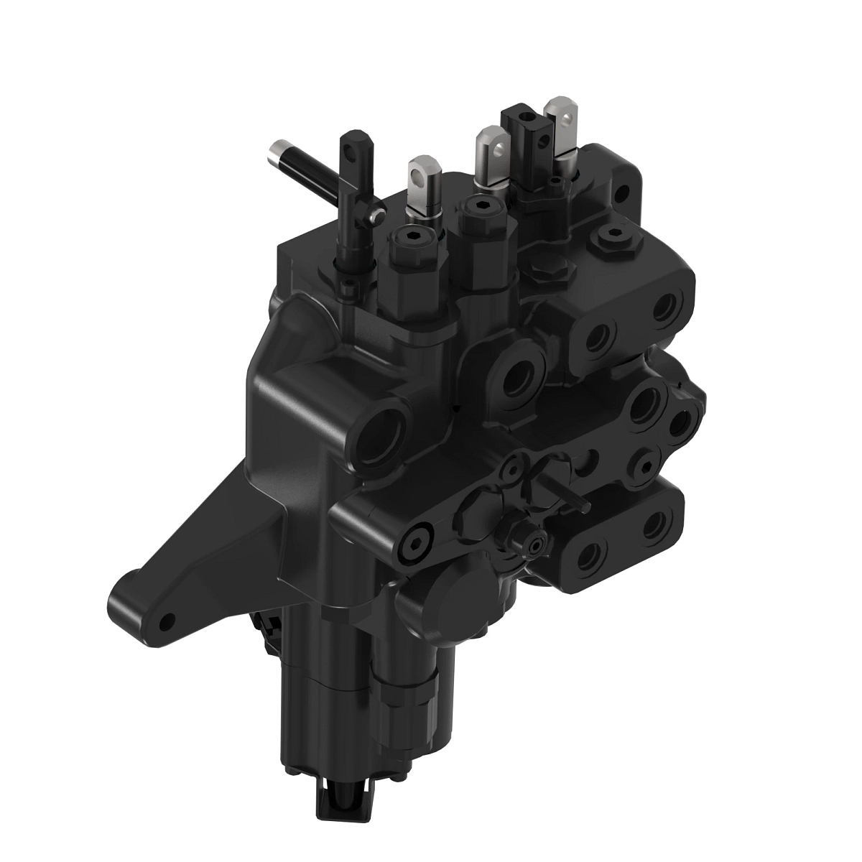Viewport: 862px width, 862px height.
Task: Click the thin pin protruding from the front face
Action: (x=571, y=496)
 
